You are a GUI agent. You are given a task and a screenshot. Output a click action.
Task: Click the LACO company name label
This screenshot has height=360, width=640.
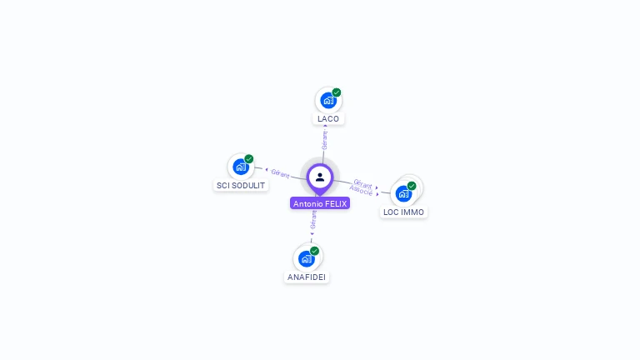pyautogui.click(x=328, y=119)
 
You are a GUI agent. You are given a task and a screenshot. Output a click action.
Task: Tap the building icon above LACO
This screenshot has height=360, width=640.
pyautogui.click(x=327, y=101)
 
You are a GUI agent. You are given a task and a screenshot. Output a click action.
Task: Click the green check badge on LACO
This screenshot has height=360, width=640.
pyautogui.click(x=337, y=92)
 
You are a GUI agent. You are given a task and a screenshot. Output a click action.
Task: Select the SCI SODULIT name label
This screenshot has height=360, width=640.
pyautogui.click(x=241, y=185)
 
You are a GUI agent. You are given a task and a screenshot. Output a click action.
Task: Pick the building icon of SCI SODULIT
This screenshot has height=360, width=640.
pyautogui.click(x=240, y=167)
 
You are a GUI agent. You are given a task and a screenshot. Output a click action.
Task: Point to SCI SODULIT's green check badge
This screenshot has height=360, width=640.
pyautogui.click(x=249, y=158)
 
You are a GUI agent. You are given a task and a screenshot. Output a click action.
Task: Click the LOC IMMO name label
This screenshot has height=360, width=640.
pyautogui.click(x=403, y=212)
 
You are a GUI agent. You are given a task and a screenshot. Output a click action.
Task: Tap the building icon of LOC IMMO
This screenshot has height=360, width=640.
pyautogui.click(x=403, y=194)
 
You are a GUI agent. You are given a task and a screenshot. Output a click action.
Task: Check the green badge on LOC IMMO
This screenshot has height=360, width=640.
pyautogui.click(x=412, y=186)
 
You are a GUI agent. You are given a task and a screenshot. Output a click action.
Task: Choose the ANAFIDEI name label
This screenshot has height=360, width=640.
pyautogui.click(x=307, y=277)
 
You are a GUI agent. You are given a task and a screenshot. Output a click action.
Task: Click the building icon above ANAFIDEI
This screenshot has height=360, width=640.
pyautogui.click(x=306, y=258)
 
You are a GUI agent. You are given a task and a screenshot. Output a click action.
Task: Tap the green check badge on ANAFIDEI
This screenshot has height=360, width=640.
pyautogui.click(x=314, y=251)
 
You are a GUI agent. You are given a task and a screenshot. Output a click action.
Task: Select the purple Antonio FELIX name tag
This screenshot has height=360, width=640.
pyautogui.click(x=320, y=203)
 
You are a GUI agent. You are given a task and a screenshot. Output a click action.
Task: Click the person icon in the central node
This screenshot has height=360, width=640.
pyautogui.click(x=320, y=177)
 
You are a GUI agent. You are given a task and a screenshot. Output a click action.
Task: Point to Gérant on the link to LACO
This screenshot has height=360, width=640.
pyautogui.click(x=325, y=139)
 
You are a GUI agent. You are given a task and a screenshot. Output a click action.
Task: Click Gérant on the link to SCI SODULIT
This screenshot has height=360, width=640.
pyautogui.click(x=280, y=173)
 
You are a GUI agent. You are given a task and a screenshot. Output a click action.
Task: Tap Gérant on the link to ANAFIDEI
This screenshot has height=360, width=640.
pyautogui.click(x=313, y=220)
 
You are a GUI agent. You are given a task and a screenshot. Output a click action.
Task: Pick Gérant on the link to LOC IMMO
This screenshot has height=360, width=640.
pyautogui.click(x=362, y=183)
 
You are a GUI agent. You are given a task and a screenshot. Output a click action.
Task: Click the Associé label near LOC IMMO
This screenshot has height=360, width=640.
pyautogui.click(x=361, y=191)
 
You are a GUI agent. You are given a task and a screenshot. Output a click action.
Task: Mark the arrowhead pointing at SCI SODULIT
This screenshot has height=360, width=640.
pyautogui.click(x=266, y=170)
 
